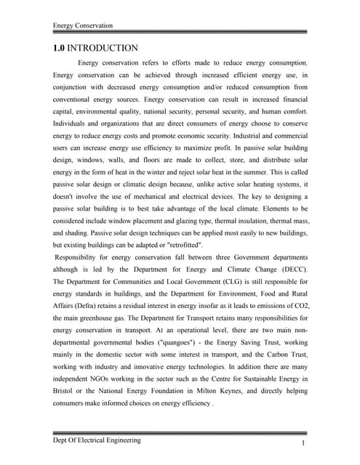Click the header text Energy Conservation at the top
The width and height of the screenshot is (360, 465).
(83, 25)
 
